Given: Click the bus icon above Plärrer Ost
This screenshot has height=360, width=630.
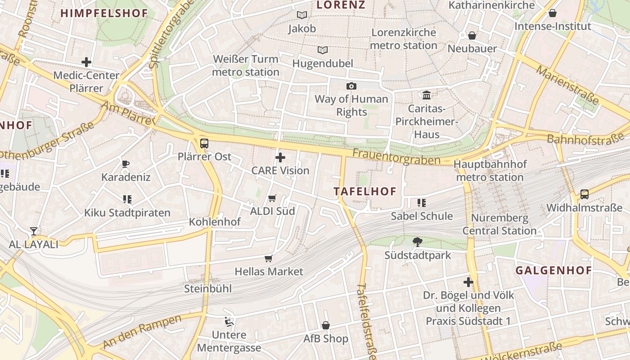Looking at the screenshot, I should click(204, 144).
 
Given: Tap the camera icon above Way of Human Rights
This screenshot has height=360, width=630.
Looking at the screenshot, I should click(351, 86).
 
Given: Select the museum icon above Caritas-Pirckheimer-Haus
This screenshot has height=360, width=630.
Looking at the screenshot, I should click(427, 95).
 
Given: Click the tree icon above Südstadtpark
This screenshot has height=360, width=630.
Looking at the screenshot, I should click(418, 242).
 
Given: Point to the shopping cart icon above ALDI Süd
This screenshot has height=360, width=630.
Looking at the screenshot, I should click(272, 198).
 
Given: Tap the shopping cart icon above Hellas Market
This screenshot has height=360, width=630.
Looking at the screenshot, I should click(269, 258).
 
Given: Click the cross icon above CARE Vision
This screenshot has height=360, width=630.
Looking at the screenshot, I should click(280, 157).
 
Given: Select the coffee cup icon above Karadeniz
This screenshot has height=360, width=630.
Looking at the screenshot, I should click(126, 164).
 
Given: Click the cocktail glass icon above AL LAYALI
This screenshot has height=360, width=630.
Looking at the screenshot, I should click(34, 231).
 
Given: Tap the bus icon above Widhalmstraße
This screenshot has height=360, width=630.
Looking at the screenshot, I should click(584, 194).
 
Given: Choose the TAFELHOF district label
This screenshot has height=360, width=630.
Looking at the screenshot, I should click(365, 191).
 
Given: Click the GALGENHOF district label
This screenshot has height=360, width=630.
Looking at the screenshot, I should click(553, 270).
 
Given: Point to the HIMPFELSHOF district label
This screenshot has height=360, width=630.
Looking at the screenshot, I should click(104, 13).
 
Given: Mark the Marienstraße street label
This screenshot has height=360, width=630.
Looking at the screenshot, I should click(567, 85).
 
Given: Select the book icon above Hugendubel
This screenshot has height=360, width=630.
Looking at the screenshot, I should click(323, 50).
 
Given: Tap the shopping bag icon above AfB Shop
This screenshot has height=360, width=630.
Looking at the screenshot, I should click(326, 325).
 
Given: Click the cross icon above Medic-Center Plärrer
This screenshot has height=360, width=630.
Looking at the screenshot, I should click(86, 62).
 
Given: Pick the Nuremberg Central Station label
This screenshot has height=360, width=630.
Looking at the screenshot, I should click(499, 225).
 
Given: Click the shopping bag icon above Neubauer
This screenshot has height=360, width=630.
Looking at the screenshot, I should click(472, 35).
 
